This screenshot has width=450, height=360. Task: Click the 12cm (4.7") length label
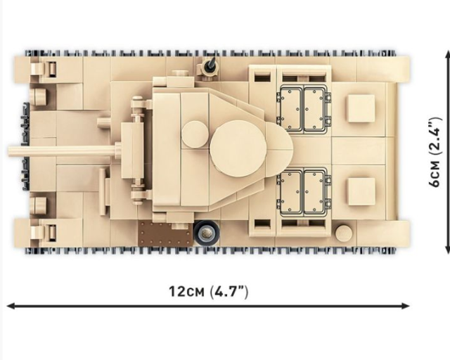point(208,292)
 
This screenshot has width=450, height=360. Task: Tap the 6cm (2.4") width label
point(435,152)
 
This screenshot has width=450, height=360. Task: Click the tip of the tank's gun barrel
point(8,151)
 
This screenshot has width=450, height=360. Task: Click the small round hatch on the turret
point(195,134)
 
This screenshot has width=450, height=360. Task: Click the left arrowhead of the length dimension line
point(11,306)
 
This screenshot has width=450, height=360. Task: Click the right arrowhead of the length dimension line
point(406,306)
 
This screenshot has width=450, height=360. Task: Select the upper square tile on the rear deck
point(361,108)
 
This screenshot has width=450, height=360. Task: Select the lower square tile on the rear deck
point(361,191)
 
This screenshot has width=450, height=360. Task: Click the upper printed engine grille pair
point(304,109)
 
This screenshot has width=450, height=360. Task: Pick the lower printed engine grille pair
point(304,192)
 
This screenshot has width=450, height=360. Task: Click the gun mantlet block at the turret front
point(132,150)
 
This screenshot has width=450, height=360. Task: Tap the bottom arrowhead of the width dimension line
point(448,250)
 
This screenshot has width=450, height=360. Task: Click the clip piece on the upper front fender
point(44,69)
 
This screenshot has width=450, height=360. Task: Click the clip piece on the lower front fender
point(44,233)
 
